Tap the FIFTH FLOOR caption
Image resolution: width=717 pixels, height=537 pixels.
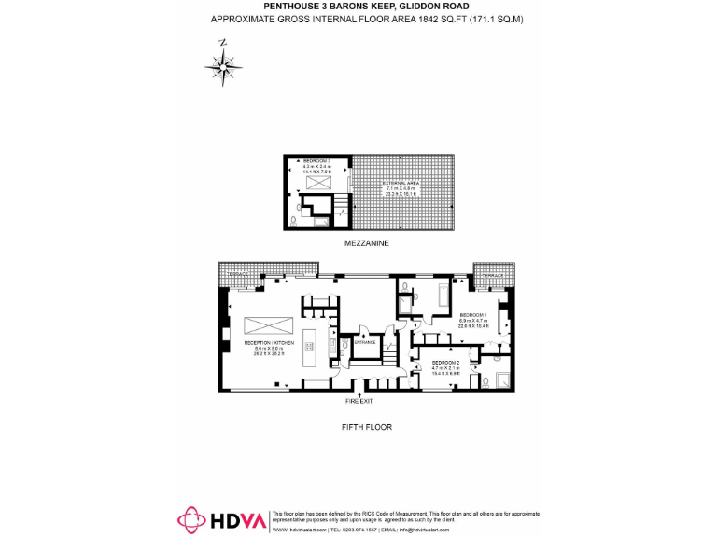click(365, 427)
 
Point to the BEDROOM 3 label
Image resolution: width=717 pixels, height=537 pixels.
click(312, 162)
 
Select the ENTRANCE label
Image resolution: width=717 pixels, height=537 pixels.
click(364, 342)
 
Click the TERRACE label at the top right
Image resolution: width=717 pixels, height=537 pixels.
click(492, 276)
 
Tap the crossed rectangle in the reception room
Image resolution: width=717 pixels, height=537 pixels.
click(269, 324)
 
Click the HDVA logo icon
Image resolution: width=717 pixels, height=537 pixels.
click(191, 520)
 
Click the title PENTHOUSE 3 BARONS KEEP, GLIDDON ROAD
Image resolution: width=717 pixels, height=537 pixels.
click(365, 6)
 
